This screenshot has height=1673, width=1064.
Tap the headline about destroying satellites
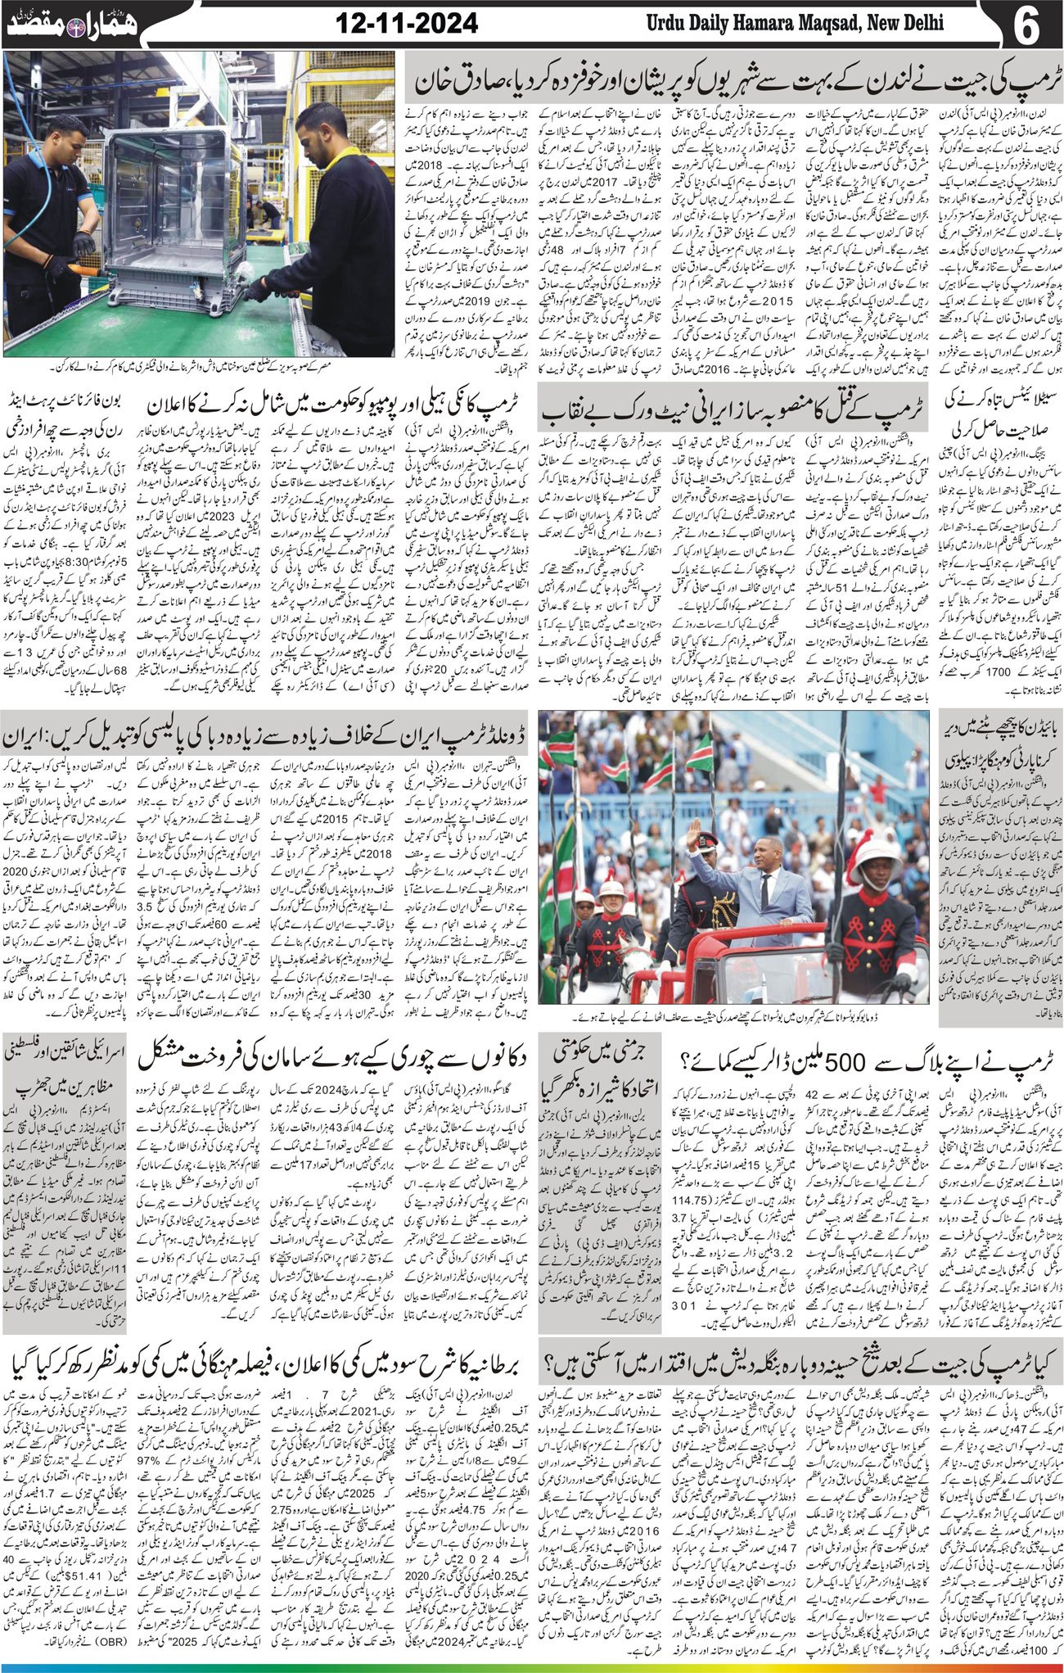coord(1000,416)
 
